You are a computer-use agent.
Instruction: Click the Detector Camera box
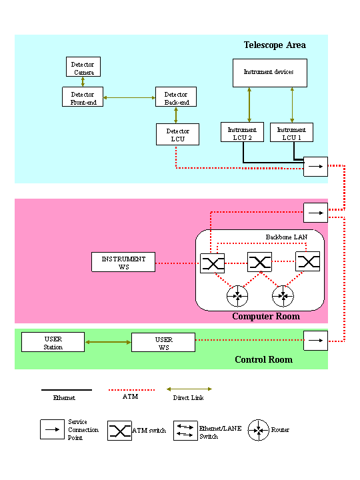(83, 67)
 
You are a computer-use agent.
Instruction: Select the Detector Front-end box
(83, 97)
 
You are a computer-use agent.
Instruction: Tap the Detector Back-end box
(176, 97)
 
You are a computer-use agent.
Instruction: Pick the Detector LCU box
(177, 135)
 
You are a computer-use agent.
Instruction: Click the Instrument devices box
(270, 73)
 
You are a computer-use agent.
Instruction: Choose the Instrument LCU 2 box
(242, 132)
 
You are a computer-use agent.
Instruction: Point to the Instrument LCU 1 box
(291, 132)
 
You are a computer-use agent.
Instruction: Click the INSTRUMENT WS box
(123, 262)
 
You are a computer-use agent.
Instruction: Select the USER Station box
(53, 342)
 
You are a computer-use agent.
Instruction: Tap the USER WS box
(163, 343)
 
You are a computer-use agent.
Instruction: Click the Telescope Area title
(275, 45)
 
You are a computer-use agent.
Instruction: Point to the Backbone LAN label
(287, 237)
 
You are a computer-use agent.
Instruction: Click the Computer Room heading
(266, 316)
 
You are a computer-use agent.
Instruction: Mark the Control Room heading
(263, 359)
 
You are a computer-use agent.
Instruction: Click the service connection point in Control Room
(315, 341)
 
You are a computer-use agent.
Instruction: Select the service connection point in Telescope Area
(315, 167)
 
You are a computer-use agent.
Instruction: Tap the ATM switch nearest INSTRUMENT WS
(213, 263)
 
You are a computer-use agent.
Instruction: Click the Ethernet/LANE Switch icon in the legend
(185, 431)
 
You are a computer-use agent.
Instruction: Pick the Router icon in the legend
(259, 430)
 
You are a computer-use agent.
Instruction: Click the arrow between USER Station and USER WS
(108, 342)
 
